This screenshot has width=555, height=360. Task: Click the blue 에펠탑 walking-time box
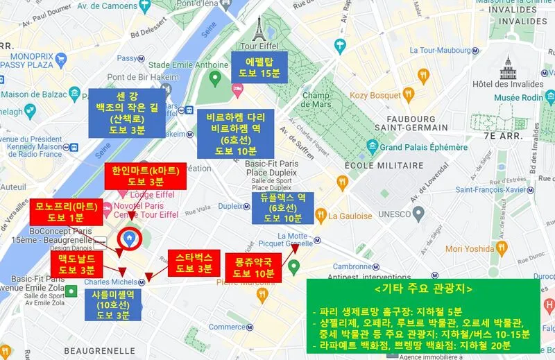pyautogui.click(x=259, y=67)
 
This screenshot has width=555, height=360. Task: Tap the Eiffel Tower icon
pyautogui.click(x=259, y=28)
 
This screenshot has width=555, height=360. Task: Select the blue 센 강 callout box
pyautogui.click(x=127, y=112)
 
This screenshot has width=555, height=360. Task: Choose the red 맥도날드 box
pyautogui.click(x=76, y=263)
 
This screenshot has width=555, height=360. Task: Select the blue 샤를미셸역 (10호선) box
pyautogui.click(x=113, y=305)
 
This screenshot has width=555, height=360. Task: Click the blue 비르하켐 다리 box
pyautogui.click(x=234, y=133)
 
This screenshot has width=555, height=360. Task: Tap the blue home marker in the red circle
pyautogui.click(x=128, y=239)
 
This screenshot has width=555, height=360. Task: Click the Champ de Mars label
pyautogui.click(x=320, y=100)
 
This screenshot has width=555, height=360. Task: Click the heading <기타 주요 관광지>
pyautogui.click(x=422, y=288)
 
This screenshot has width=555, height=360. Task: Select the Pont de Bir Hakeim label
pyautogui.click(x=144, y=76)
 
